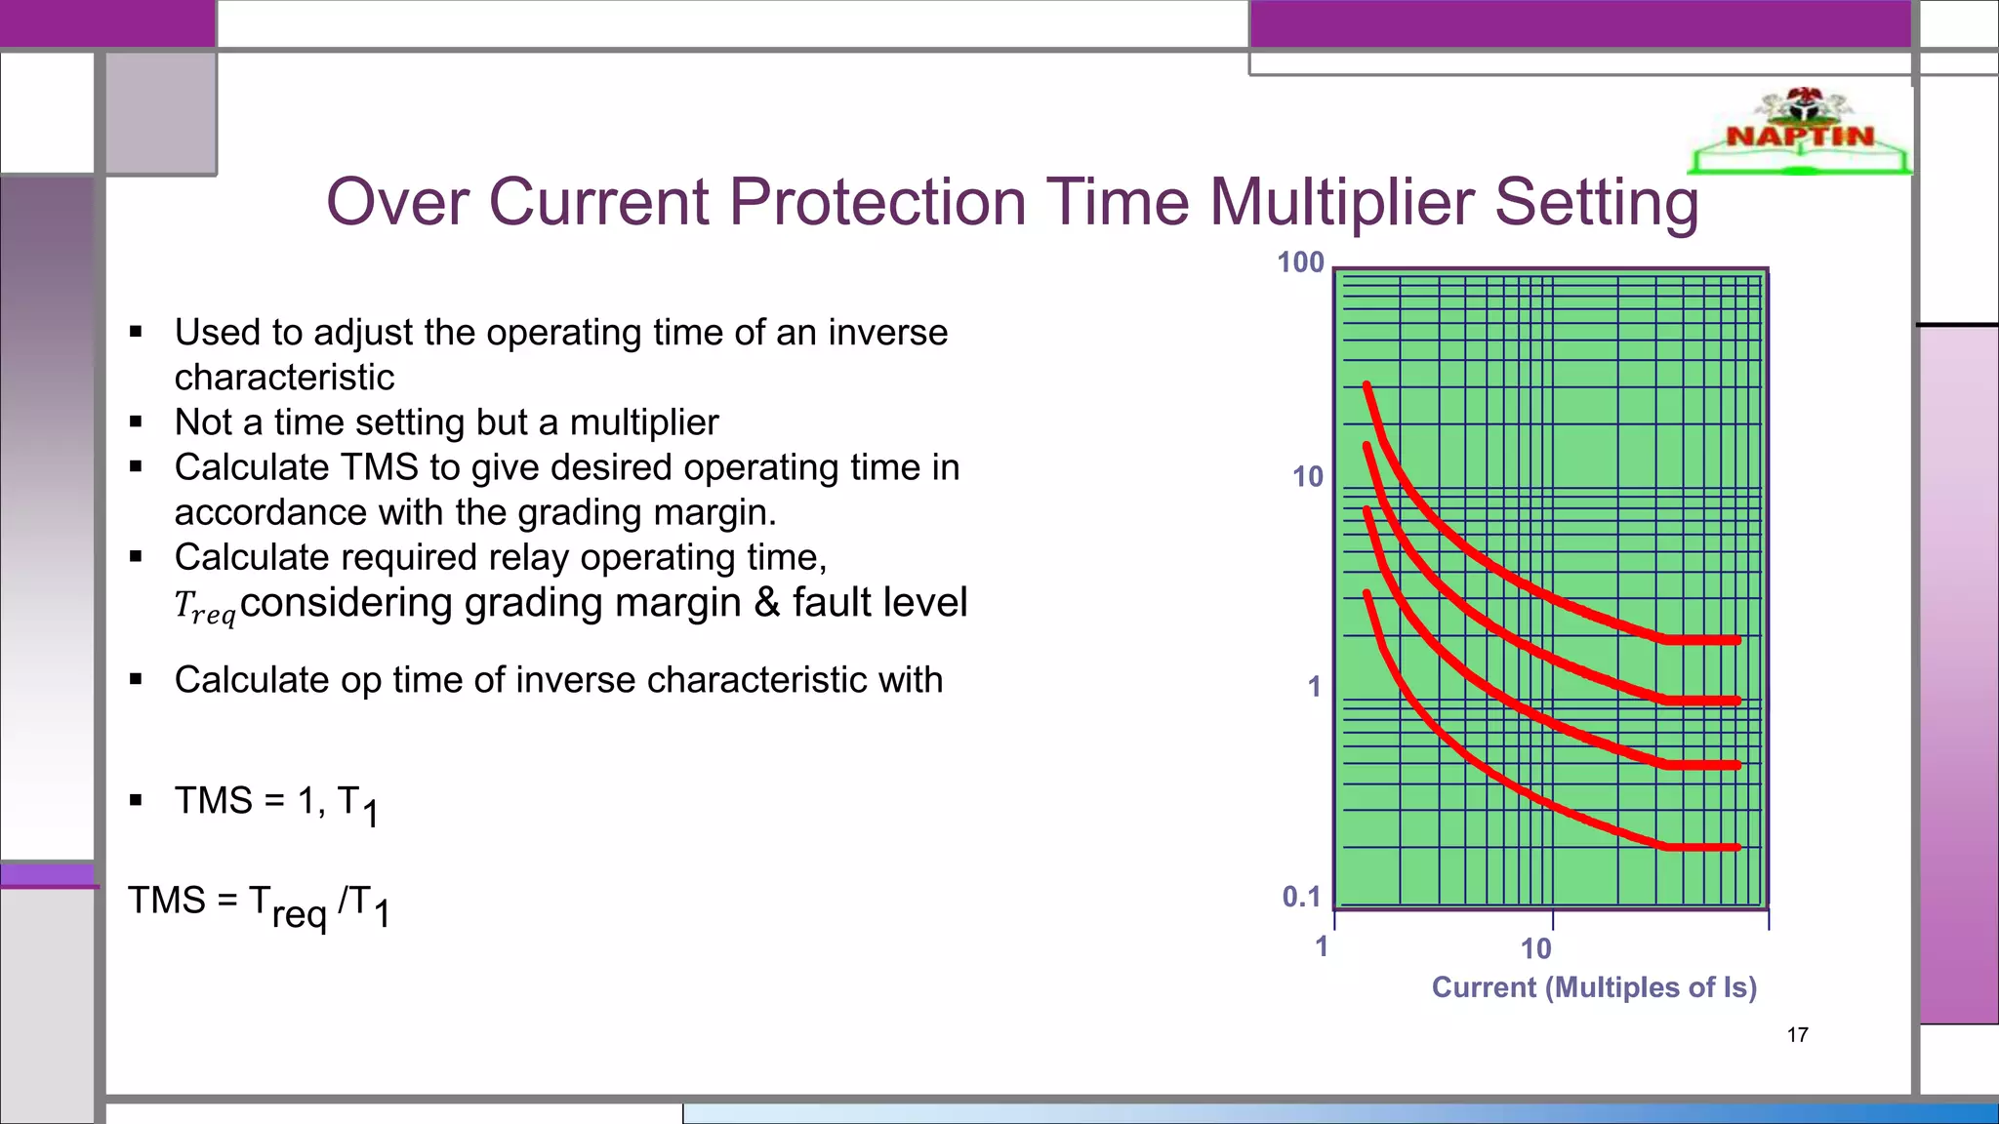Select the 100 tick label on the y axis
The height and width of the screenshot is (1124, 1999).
[1300, 262]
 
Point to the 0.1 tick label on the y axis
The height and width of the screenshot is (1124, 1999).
[1301, 897]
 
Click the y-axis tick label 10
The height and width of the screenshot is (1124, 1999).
[1307, 477]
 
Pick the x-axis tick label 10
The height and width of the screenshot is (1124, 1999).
[1535, 948]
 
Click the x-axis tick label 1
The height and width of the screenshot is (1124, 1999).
[1322, 946]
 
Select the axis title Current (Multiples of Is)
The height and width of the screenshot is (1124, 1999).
[1594, 987]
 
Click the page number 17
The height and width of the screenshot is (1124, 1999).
[1797, 1035]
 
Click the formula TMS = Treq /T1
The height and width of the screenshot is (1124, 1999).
[259, 905]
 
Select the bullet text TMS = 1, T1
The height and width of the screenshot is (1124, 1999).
[276, 804]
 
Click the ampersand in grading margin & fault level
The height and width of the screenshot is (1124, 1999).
[767, 602]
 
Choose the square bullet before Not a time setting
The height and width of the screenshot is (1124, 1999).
[136, 422]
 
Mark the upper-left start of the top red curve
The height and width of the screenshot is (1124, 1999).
[1367, 385]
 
